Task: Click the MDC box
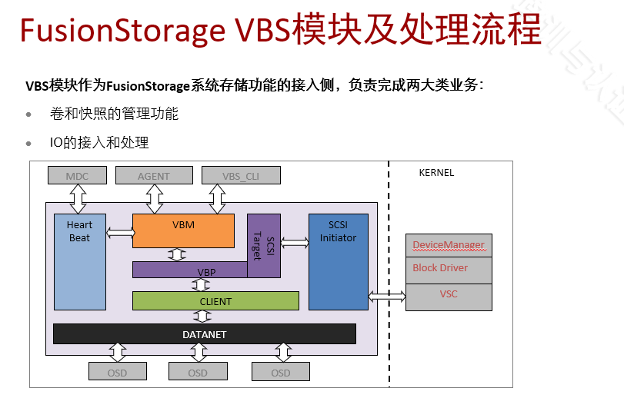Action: [x=77, y=175]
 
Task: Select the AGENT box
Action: [x=153, y=175]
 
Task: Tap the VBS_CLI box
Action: [x=241, y=175]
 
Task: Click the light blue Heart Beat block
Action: [x=79, y=261]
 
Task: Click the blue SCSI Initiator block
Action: [x=338, y=261]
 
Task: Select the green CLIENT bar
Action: [x=215, y=301]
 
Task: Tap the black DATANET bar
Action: [x=204, y=334]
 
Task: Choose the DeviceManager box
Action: [x=448, y=245]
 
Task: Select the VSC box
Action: [x=448, y=295]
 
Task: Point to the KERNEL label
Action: [x=436, y=172]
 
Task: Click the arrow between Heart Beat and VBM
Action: [x=119, y=231]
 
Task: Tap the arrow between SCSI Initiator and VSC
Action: [x=387, y=296]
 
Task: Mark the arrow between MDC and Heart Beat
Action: [x=78, y=199]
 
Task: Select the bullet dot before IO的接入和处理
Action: [x=29, y=143]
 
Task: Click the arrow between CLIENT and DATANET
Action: [x=198, y=317]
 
